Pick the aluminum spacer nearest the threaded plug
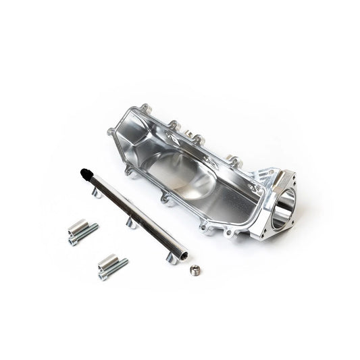pyautogui.click(x=108, y=260)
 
